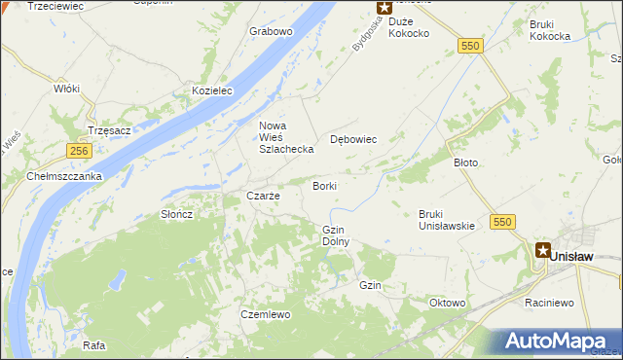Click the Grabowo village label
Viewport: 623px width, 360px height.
pyautogui.click(x=271, y=31)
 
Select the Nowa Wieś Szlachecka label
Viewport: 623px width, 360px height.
pyautogui.click(x=284, y=137)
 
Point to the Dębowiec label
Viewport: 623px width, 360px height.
pyautogui.click(x=353, y=139)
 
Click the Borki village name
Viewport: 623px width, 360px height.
pyautogui.click(x=324, y=185)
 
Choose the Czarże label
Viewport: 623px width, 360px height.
pyautogui.click(x=263, y=196)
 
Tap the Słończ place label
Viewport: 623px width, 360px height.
pyautogui.click(x=177, y=214)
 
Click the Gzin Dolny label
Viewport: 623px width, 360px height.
pyautogui.click(x=335, y=234)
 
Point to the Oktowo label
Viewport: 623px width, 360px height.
pyautogui.click(x=448, y=303)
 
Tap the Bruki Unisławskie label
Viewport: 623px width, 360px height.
pyautogui.click(x=446, y=220)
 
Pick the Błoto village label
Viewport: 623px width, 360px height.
pyautogui.click(x=465, y=162)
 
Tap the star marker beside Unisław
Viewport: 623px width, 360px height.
pyautogui.click(x=542, y=250)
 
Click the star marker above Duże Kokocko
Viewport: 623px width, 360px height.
pyautogui.click(x=384, y=7)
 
